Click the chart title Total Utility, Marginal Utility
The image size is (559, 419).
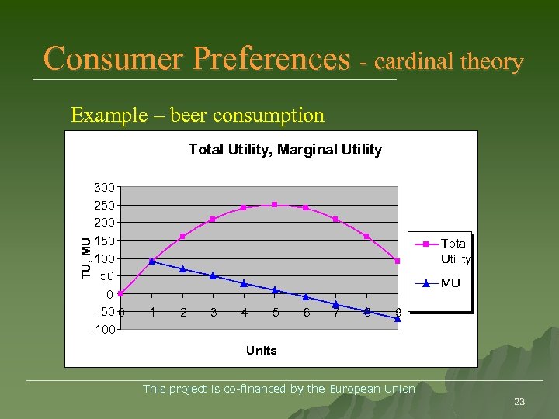(285, 149)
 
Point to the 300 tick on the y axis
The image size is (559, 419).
(104, 187)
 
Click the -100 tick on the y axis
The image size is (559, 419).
(102, 330)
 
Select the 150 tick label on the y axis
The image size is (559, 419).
(104, 241)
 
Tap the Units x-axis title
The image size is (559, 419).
(261, 351)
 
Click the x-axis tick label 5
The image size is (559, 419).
(275, 313)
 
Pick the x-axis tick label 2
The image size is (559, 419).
(182, 313)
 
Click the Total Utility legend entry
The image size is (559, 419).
(455, 251)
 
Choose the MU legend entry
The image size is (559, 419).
(450, 283)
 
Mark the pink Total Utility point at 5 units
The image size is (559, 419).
(274, 205)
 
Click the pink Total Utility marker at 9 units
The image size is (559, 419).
(398, 261)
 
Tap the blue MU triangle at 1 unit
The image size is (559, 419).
(151, 261)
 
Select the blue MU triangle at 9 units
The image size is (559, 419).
(398, 318)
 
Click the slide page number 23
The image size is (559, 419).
(519, 401)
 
